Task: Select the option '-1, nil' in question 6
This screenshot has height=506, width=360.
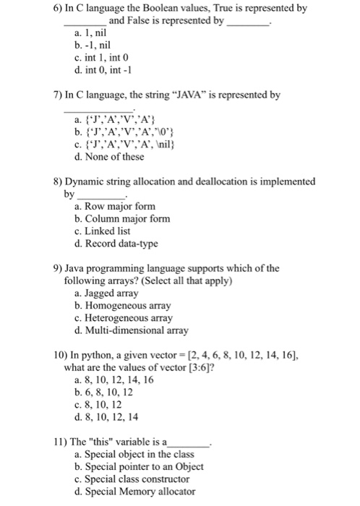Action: coord(99,46)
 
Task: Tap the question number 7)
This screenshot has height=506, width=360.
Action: coord(59,95)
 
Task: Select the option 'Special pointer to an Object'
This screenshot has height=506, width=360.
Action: coord(140,468)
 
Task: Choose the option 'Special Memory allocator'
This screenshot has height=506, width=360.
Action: coord(140,492)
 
